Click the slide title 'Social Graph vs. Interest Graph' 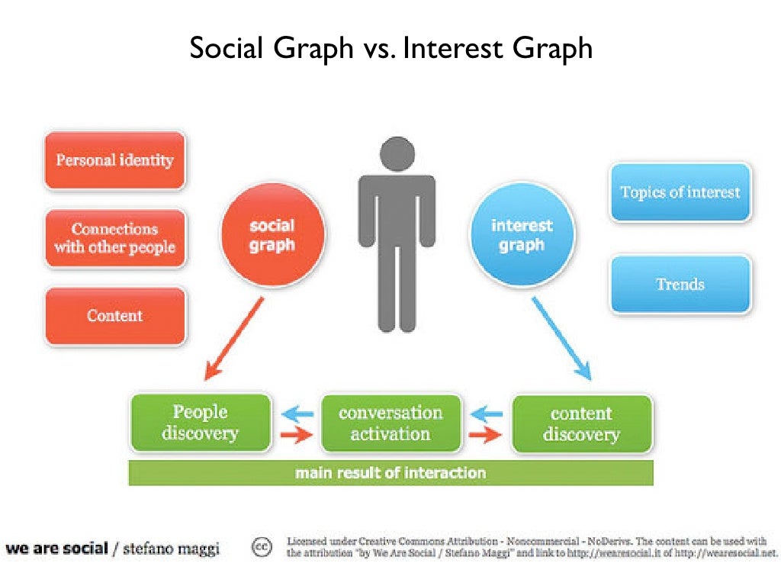pos(390,49)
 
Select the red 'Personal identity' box pos(114,160)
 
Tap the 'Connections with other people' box pos(114,238)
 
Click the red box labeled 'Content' pos(114,316)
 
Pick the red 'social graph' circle pos(272,236)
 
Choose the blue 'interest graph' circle pos(522,236)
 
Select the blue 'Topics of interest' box pos(680,192)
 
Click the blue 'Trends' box pos(680,285)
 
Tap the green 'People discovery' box pos(200,423)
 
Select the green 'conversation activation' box pos(390,423)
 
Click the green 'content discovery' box pos(581,423)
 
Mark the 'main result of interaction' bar pos(390,473)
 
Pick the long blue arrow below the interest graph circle pos(561,339)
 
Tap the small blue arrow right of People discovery pos(296,414)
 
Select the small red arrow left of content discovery pos(485,436)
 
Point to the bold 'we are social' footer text pos(56,548)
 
